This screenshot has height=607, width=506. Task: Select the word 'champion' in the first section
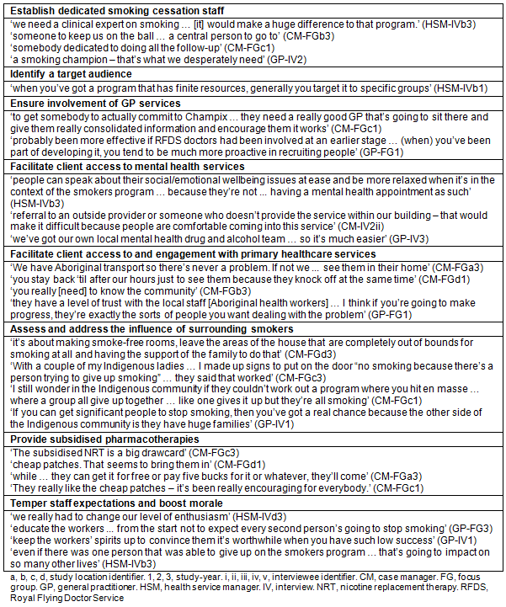tap(78, 61)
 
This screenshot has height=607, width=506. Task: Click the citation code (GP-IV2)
tap(279, 61)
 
